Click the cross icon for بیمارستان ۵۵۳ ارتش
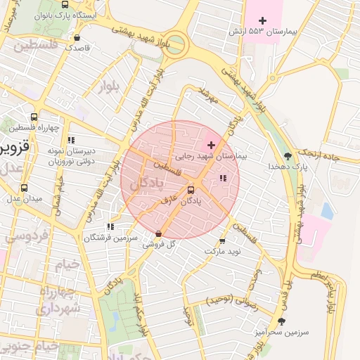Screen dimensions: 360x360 tap(263, 20)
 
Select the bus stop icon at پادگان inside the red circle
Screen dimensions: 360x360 tap(191, 189)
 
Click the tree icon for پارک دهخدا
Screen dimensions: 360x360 tap(288, 155)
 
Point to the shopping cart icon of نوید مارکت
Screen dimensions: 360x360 tap(223, 240)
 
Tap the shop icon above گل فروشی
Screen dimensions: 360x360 tap(157, 233)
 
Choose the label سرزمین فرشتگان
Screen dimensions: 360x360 tap(107, 238)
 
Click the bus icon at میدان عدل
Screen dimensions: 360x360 tap(25, 188)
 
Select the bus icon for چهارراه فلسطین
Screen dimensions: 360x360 tap(34, 117)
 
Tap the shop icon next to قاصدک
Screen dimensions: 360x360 tap(77, 38)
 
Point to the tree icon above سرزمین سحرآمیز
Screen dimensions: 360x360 tap(302, 321)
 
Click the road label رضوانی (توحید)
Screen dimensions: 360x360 tap(232, 300)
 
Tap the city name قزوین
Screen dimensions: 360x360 tap(14, 148)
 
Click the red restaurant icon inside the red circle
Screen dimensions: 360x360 tap(223, 179)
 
